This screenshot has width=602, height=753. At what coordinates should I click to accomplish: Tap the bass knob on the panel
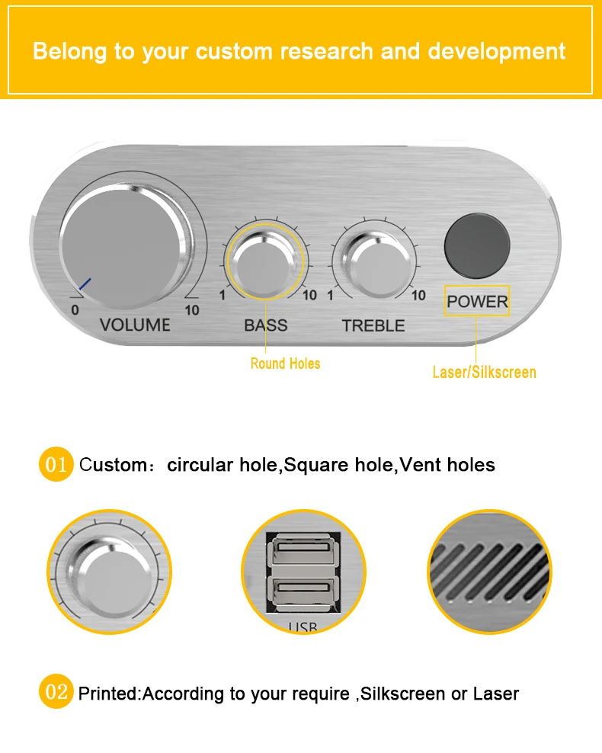265,263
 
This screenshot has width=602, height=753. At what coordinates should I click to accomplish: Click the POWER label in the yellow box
477,302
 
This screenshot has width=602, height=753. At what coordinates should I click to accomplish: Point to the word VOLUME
135,325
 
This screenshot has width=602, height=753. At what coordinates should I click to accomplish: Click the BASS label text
266,325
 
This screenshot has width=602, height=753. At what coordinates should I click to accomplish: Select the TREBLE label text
373,326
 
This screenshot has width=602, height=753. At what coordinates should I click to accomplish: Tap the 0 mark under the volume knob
75,310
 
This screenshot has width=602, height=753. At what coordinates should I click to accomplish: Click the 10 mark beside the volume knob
192,310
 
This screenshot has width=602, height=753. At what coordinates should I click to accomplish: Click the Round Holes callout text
285,364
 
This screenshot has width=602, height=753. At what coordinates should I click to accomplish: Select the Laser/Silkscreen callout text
484,373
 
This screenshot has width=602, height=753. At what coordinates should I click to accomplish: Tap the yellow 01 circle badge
56,464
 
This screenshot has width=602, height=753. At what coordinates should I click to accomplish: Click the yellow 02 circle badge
56,693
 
